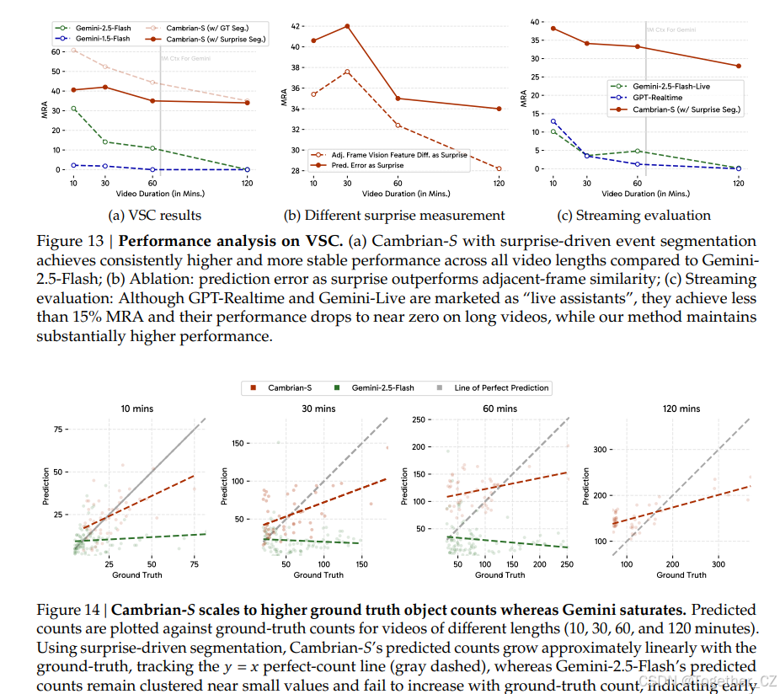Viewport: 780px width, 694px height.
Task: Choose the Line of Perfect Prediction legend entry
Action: tap(501, 388)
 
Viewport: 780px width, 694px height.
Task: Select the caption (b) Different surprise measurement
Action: tap(396, 215)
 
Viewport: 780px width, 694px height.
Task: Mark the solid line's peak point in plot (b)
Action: tap(347, 26)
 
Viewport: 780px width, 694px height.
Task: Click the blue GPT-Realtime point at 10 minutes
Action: tap(553, 121)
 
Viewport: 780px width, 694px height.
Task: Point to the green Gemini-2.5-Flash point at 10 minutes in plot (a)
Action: tap(74, 109)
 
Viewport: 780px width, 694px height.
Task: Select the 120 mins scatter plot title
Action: tap(681, 408)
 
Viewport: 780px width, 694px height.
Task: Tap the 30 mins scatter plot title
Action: tap(319, 408)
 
